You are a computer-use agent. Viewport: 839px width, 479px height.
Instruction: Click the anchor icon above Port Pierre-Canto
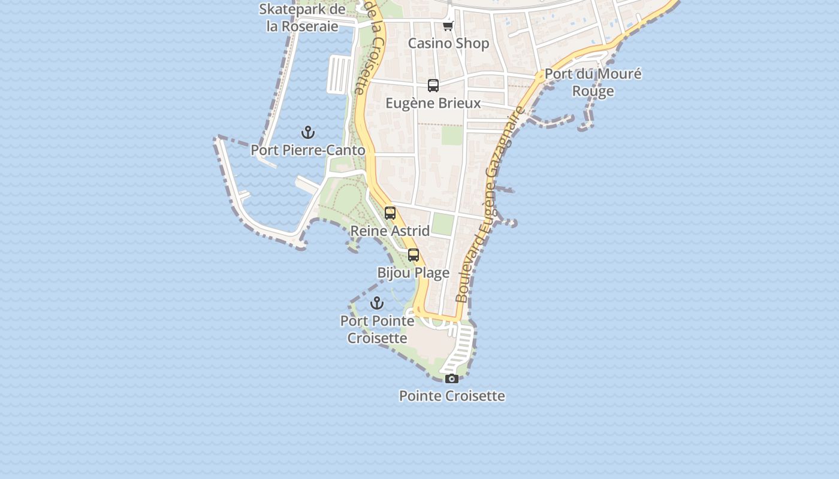[308, 132]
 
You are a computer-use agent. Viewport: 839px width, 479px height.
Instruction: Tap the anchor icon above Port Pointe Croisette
[376, 303]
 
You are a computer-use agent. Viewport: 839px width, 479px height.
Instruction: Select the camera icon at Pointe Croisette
[452, 378]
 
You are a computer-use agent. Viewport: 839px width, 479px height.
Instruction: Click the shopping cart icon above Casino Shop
[448, 25]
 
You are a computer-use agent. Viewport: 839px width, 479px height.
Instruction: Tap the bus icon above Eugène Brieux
[433, 85]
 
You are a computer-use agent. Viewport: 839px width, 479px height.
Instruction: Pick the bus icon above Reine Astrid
[390, 213]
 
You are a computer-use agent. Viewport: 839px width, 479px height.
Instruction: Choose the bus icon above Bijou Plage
[414, 255]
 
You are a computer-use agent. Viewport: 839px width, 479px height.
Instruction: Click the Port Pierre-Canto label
[308, 150]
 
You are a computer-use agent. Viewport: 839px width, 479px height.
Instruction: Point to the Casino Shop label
[448, 43]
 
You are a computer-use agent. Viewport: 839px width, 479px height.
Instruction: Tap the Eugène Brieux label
[433, 103]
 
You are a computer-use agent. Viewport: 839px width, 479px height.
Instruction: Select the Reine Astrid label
[390, 231]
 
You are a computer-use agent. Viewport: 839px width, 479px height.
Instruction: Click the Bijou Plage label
[413, 273]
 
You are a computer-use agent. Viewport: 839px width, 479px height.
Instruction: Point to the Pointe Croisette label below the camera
[452, 396]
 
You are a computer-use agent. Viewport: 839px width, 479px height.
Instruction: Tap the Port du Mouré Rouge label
[593, 83]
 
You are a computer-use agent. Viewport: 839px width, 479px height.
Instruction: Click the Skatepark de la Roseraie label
[303, 17]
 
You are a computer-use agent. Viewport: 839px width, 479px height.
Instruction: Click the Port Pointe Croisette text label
[378, 329]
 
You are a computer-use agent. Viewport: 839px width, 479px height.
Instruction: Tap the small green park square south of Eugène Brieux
[452, 135]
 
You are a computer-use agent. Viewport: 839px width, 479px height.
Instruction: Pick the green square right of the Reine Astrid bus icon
[443, 224]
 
